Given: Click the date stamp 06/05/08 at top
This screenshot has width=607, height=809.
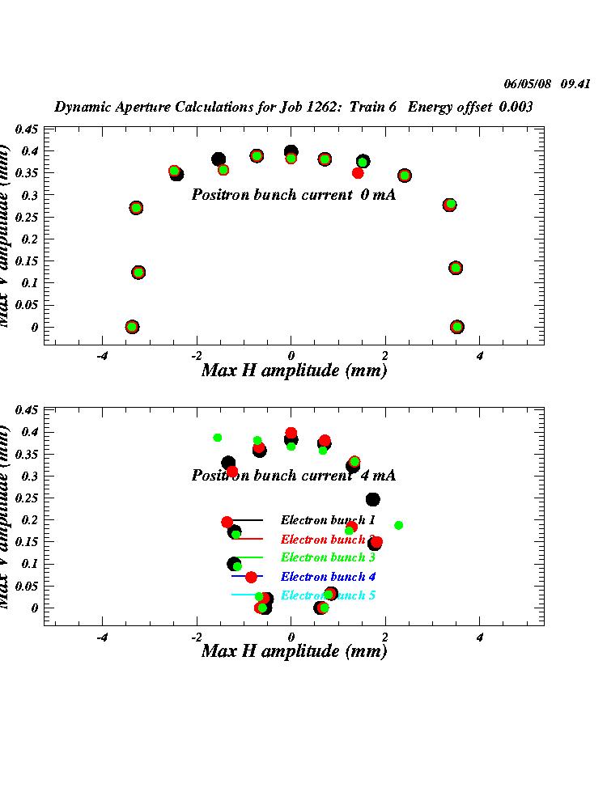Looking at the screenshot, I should click(528, 83).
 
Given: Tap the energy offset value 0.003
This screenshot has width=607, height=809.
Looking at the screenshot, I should click(516, 107).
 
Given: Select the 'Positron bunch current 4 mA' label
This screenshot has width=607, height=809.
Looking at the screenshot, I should click(293, 476).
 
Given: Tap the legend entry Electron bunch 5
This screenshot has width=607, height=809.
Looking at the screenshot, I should click(328, 595).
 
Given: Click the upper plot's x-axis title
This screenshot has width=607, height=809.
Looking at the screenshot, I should click(293, 371).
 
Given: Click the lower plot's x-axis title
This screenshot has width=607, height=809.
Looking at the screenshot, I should click(293, 651).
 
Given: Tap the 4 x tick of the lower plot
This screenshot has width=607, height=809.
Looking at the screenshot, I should click(480, 637).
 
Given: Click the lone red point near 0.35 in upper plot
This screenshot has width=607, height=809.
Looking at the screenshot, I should click(358, 173).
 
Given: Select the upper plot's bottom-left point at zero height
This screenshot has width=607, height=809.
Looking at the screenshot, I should click(132, 327).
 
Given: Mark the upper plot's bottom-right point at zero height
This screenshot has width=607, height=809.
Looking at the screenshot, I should click(457, 327).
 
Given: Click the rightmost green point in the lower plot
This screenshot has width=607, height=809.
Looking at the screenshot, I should click(398, 525).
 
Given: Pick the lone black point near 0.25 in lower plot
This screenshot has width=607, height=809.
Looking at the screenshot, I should click(372, 499).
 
